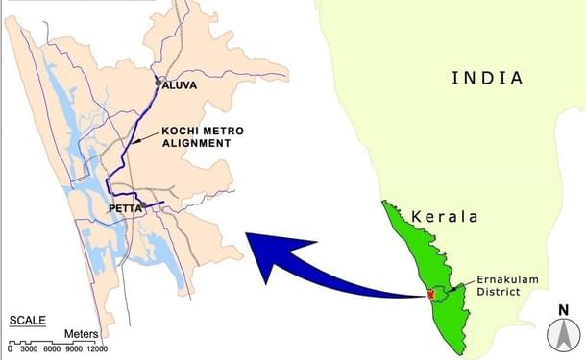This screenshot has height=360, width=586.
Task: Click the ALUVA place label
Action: [x=180, y=85]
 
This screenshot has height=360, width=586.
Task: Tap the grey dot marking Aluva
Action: [x=159, y=84]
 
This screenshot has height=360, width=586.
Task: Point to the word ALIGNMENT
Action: [x=197, y=143]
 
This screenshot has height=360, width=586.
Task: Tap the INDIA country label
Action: [x=487, y=79]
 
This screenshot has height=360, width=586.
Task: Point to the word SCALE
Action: [x=29, y=320]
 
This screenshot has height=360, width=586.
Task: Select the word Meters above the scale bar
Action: [x=82, y=335]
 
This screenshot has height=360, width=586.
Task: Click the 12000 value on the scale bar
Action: [x=93, y=349]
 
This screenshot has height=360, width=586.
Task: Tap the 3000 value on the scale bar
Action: [x=28, y=349]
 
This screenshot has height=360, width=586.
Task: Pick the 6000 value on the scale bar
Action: [x=49, y=349]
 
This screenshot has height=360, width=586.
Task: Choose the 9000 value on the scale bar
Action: [x=69, y=349]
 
